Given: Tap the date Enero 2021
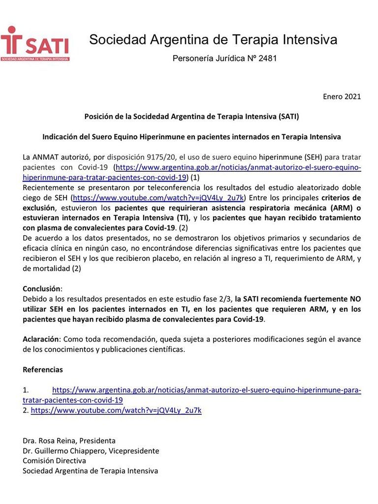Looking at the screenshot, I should (342, 96).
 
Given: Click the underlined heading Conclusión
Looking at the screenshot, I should (42, 289).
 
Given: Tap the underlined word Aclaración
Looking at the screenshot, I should (41, 340).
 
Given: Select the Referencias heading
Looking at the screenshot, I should (43, 369).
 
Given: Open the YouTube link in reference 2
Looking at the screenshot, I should (116, 410).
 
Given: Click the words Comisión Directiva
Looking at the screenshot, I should (54, 461).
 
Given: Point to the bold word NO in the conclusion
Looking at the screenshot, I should (355, 299).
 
